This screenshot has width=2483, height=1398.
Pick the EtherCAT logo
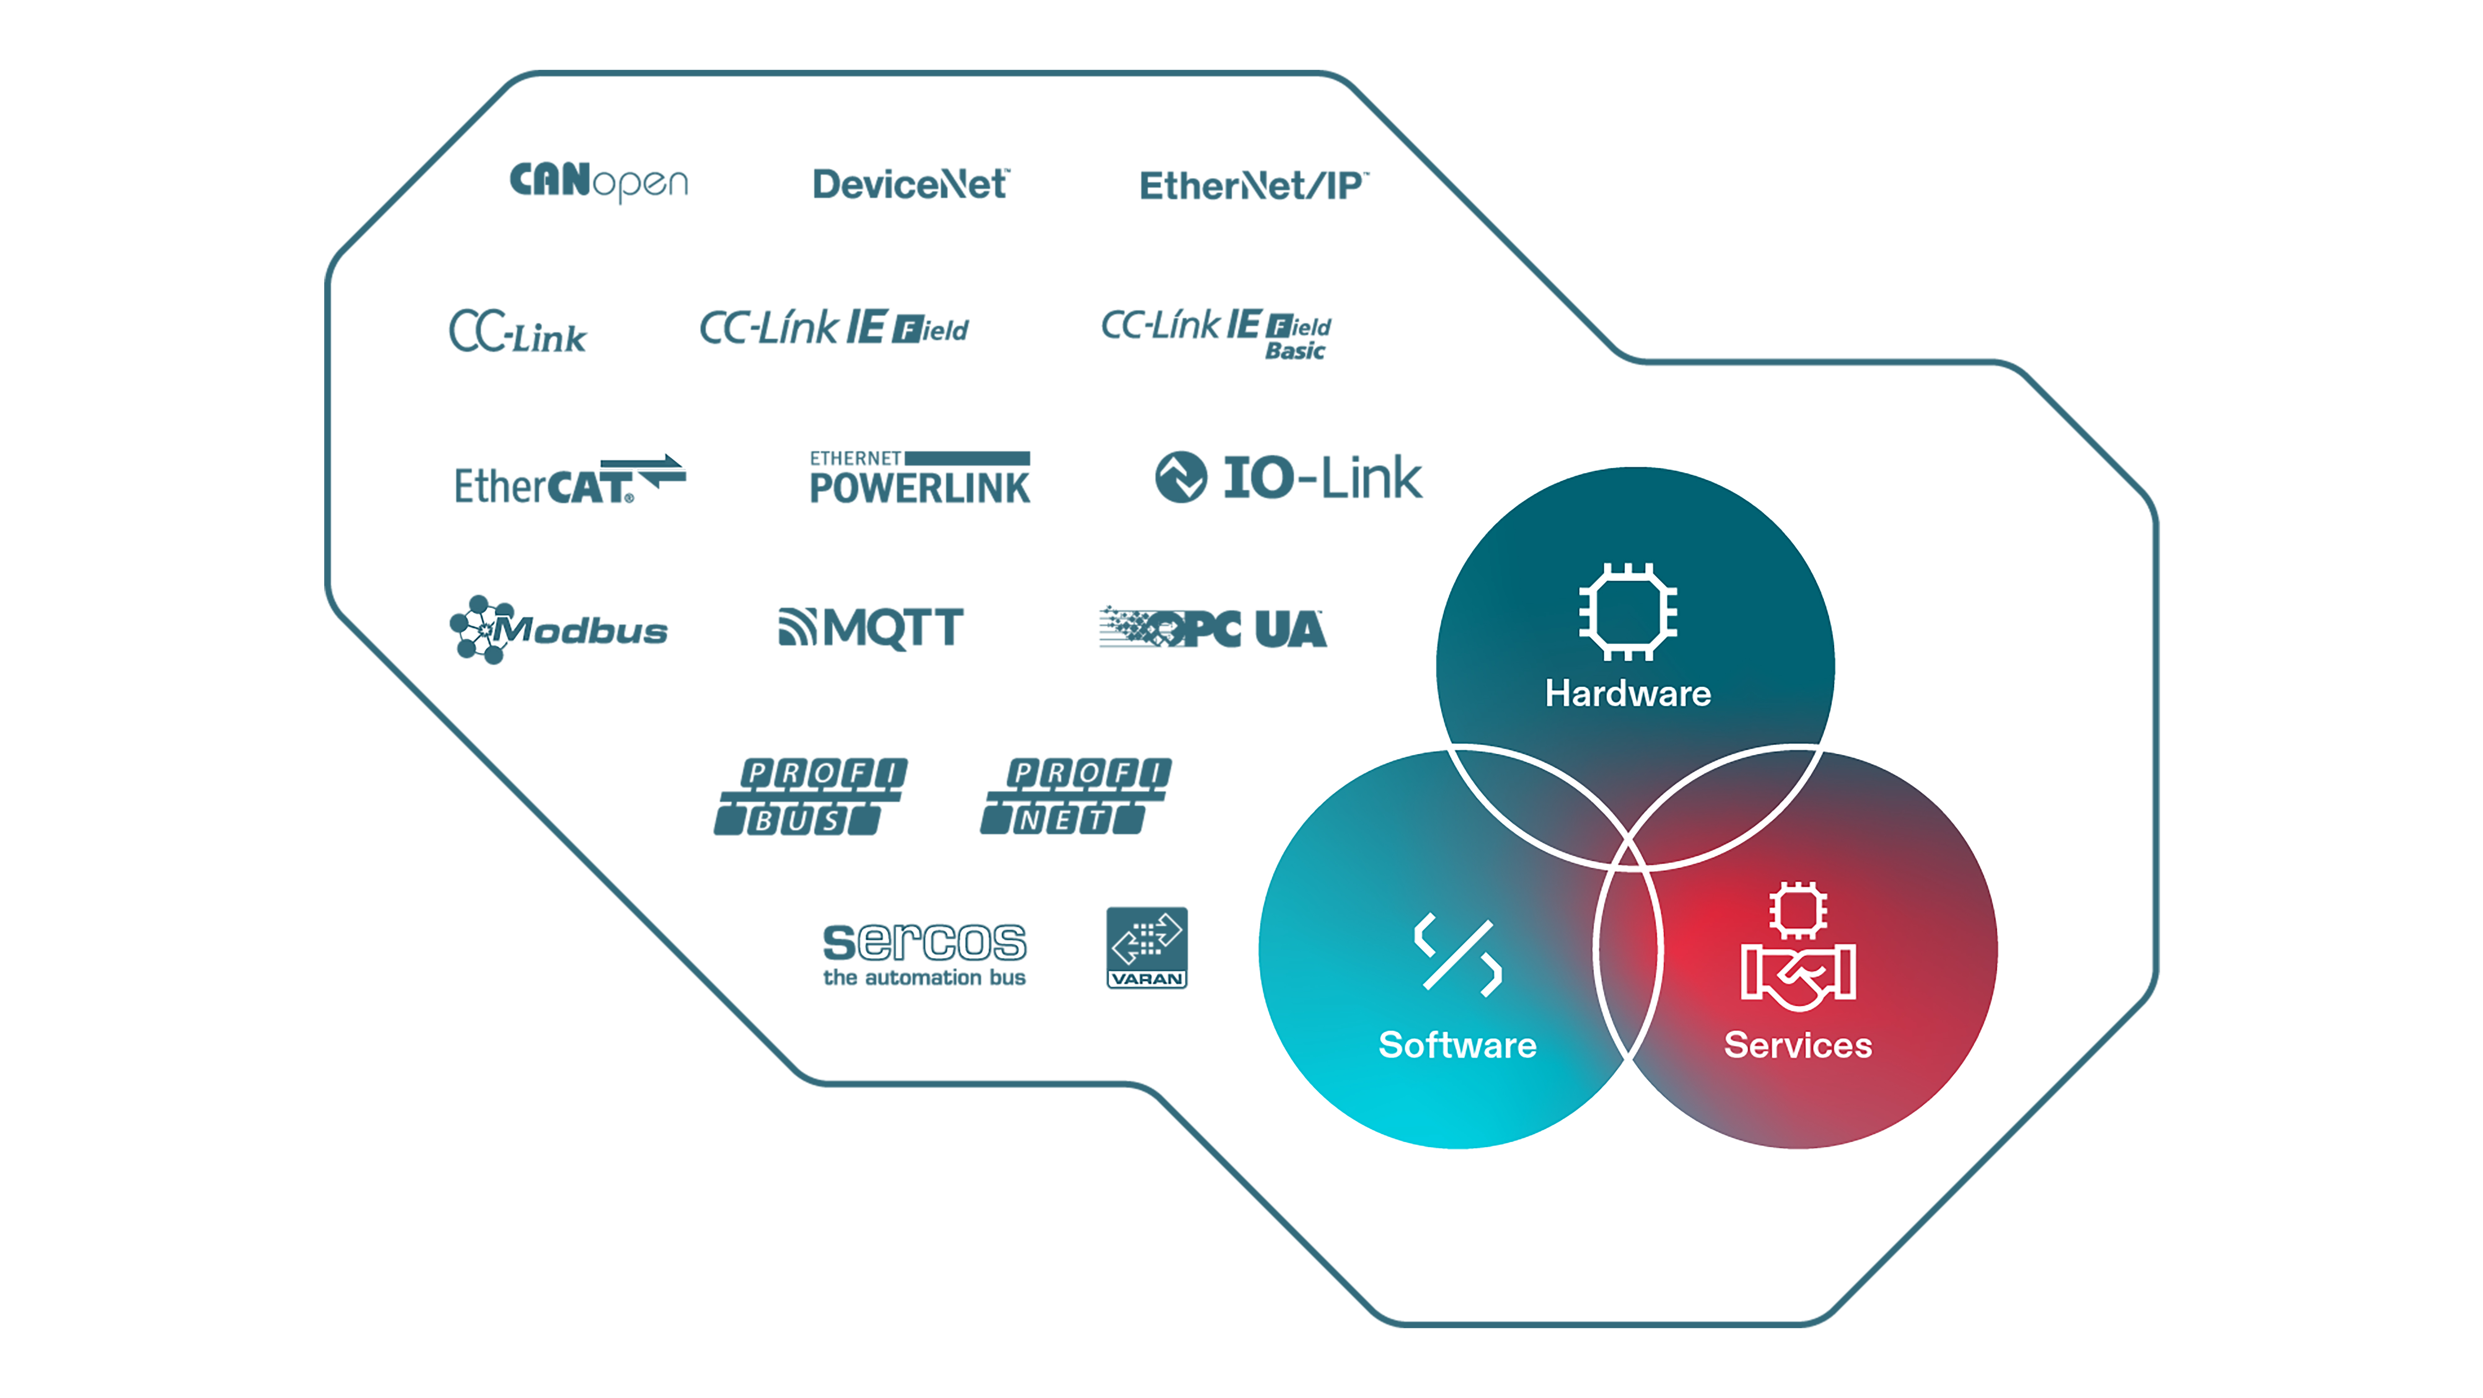point(569,480)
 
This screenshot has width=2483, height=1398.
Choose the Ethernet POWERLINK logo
point(919,478)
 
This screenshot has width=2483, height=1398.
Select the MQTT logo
point(870,628)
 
